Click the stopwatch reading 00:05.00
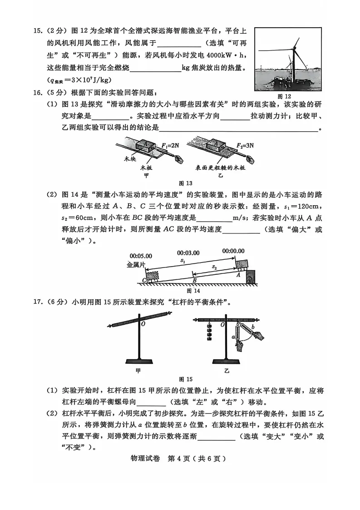pos(141,256)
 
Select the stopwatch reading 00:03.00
pos(188,253)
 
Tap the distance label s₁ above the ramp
pos(182,261)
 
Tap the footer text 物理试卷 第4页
pos(180,458)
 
